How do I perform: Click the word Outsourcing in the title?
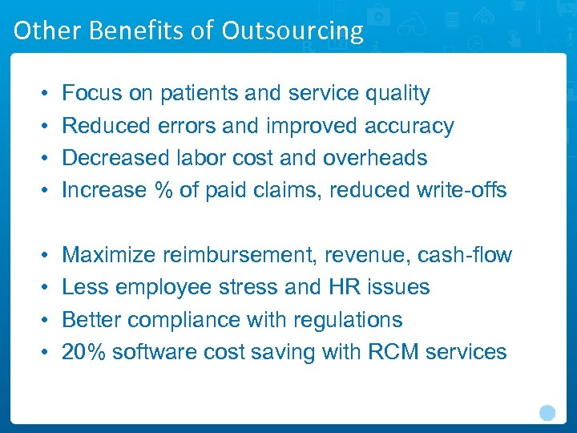[293, 30]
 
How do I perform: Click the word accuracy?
[409, 126]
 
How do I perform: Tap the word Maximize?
[109, 255]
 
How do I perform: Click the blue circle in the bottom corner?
[547, 413]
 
